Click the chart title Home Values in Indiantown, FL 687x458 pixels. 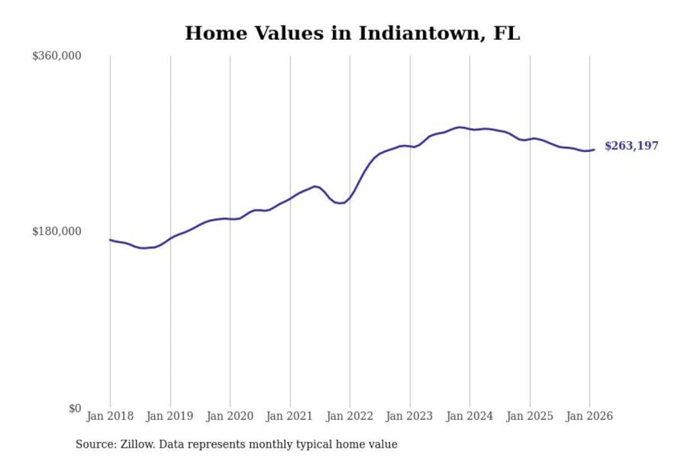[x=352, y=33]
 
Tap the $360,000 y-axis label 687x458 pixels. [x=57, y=56]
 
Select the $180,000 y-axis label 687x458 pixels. [x=57, y=231]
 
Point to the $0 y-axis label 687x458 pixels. [x=75, y=408]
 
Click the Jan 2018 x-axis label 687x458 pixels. [x=110, y=416]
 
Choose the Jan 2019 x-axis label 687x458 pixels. [x=169, y=416]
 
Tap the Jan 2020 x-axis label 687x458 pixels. [x=229, y=416]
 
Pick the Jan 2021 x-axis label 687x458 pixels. [x=289, y=416]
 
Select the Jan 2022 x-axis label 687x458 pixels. [x=349, y=416]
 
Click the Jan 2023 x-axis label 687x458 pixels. [x=409, y=416]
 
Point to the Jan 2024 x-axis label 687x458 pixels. [x=469, y=416]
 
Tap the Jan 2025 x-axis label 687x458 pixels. [x=529, y=416]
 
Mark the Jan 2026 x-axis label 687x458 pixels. [x=589, y=416]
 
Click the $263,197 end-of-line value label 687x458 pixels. [x=631, y=146]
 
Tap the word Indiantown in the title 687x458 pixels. [x=419, y=33]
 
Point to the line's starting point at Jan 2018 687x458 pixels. [x=110, y=240]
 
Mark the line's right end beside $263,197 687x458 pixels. [x=594, y=150]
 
